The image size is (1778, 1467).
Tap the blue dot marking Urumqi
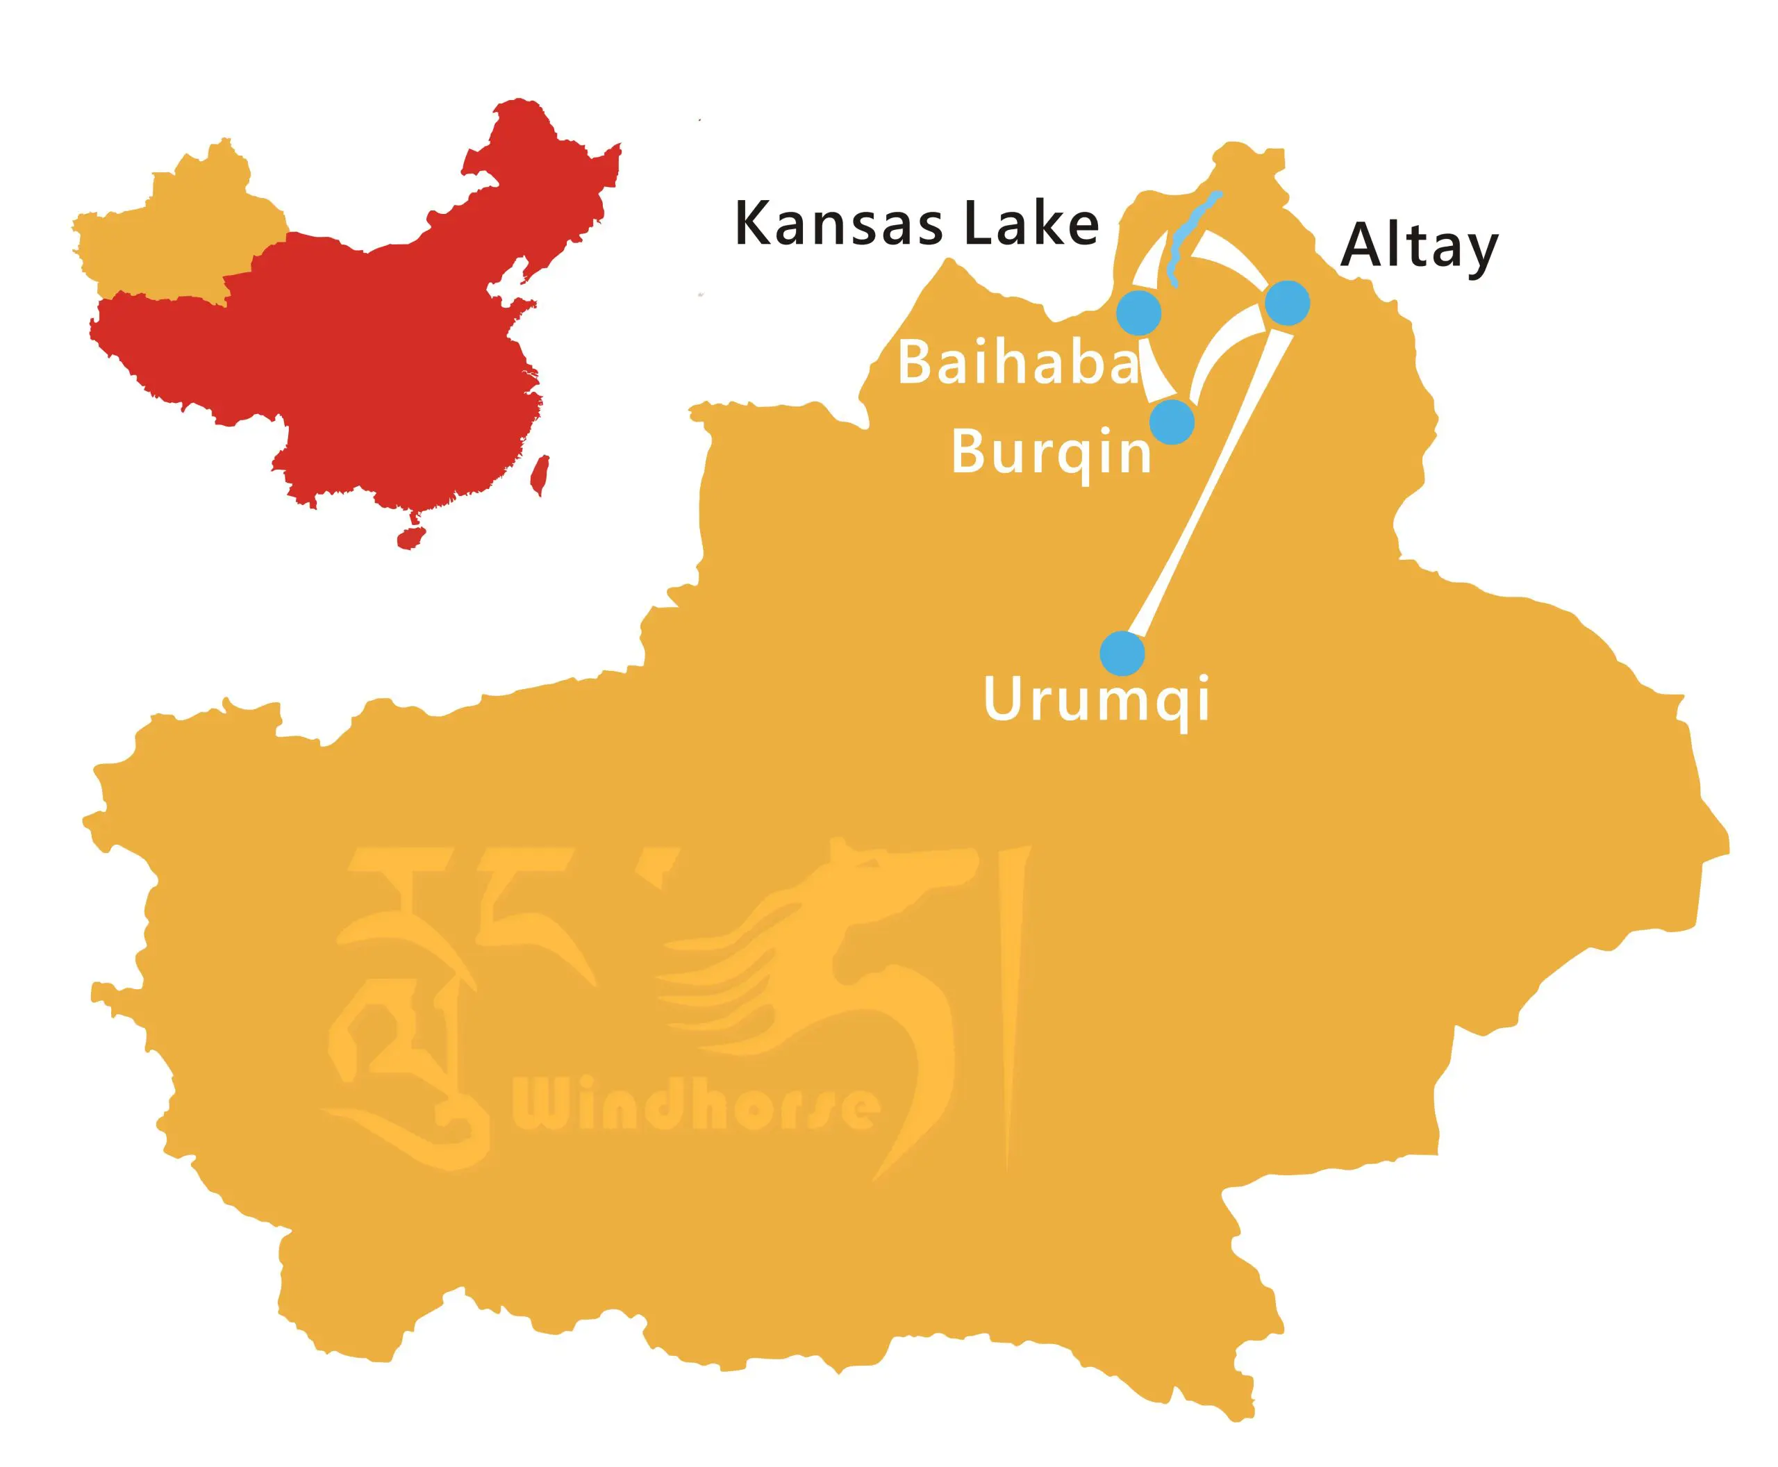(1122, 653)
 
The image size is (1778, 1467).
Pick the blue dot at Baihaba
(1138, 313)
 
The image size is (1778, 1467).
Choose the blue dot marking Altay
(1287, 301)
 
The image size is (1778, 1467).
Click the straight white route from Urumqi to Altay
(1208, 490)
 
